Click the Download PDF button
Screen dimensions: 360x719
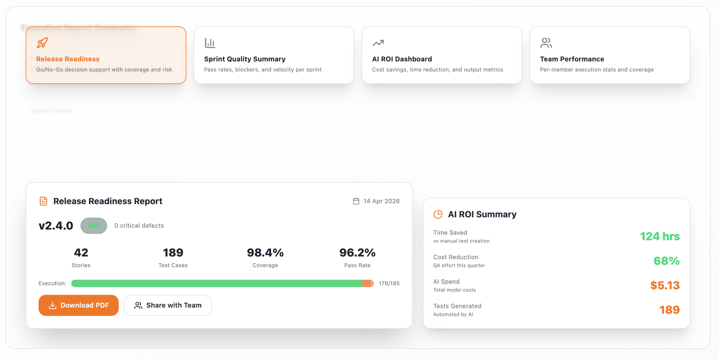79,305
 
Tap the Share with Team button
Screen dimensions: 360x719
168,305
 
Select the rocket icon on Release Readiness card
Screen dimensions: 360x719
42,43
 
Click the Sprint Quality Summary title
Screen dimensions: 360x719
245,59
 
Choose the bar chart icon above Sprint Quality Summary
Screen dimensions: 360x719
210,43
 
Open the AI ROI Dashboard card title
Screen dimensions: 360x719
402,59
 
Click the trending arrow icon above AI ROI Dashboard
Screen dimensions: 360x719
378,43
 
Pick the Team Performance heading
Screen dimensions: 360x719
572,59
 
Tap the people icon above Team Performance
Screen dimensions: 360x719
546,43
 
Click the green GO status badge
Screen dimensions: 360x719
94,226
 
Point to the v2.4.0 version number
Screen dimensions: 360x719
56,226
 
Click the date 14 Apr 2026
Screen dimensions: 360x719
381,201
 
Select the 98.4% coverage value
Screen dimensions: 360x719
265,253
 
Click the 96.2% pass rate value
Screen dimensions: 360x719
357,253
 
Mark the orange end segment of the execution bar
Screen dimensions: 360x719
368,284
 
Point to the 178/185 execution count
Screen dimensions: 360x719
389,284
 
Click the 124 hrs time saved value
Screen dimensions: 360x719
660,237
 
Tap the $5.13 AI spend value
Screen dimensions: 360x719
665,285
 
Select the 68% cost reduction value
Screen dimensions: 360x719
666,261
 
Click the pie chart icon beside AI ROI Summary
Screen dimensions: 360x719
438,214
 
